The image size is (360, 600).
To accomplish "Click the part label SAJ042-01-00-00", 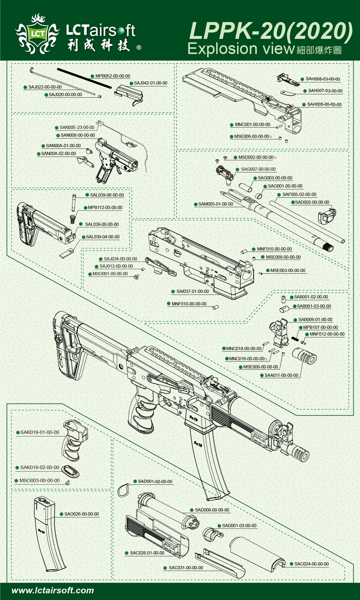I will pyautogui.click(x=150, y=83).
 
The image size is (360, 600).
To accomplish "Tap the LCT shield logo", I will pyautogui.click(x=37, y=34).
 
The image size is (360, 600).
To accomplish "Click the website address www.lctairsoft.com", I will pyautogui.click(x=53, y=590).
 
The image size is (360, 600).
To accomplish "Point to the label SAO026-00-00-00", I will pyautogui.click(x=81, y=514).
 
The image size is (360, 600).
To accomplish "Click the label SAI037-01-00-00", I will pyautogui.click(x=192, y=291).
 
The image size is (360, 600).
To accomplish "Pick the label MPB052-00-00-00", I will pyautogui.click(x=113, y=76).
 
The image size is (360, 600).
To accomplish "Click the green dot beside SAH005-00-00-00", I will pyautogui.click(x=304, y=104).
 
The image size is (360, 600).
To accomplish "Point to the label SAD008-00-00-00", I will pyautogui.click(x=212, y=510).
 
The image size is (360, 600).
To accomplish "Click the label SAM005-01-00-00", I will pyautogui.click(x=215, y=204).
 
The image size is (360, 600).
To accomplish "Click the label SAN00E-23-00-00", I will pyautogui.click(x=77, y=127).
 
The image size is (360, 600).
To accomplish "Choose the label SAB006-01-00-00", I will pyautogui.click(x=315, y=320).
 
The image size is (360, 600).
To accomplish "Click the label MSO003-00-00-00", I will pyautogui.click(x=39, y=481).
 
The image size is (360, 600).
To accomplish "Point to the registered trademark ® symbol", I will pyautogui.click(x=139, y=48).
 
